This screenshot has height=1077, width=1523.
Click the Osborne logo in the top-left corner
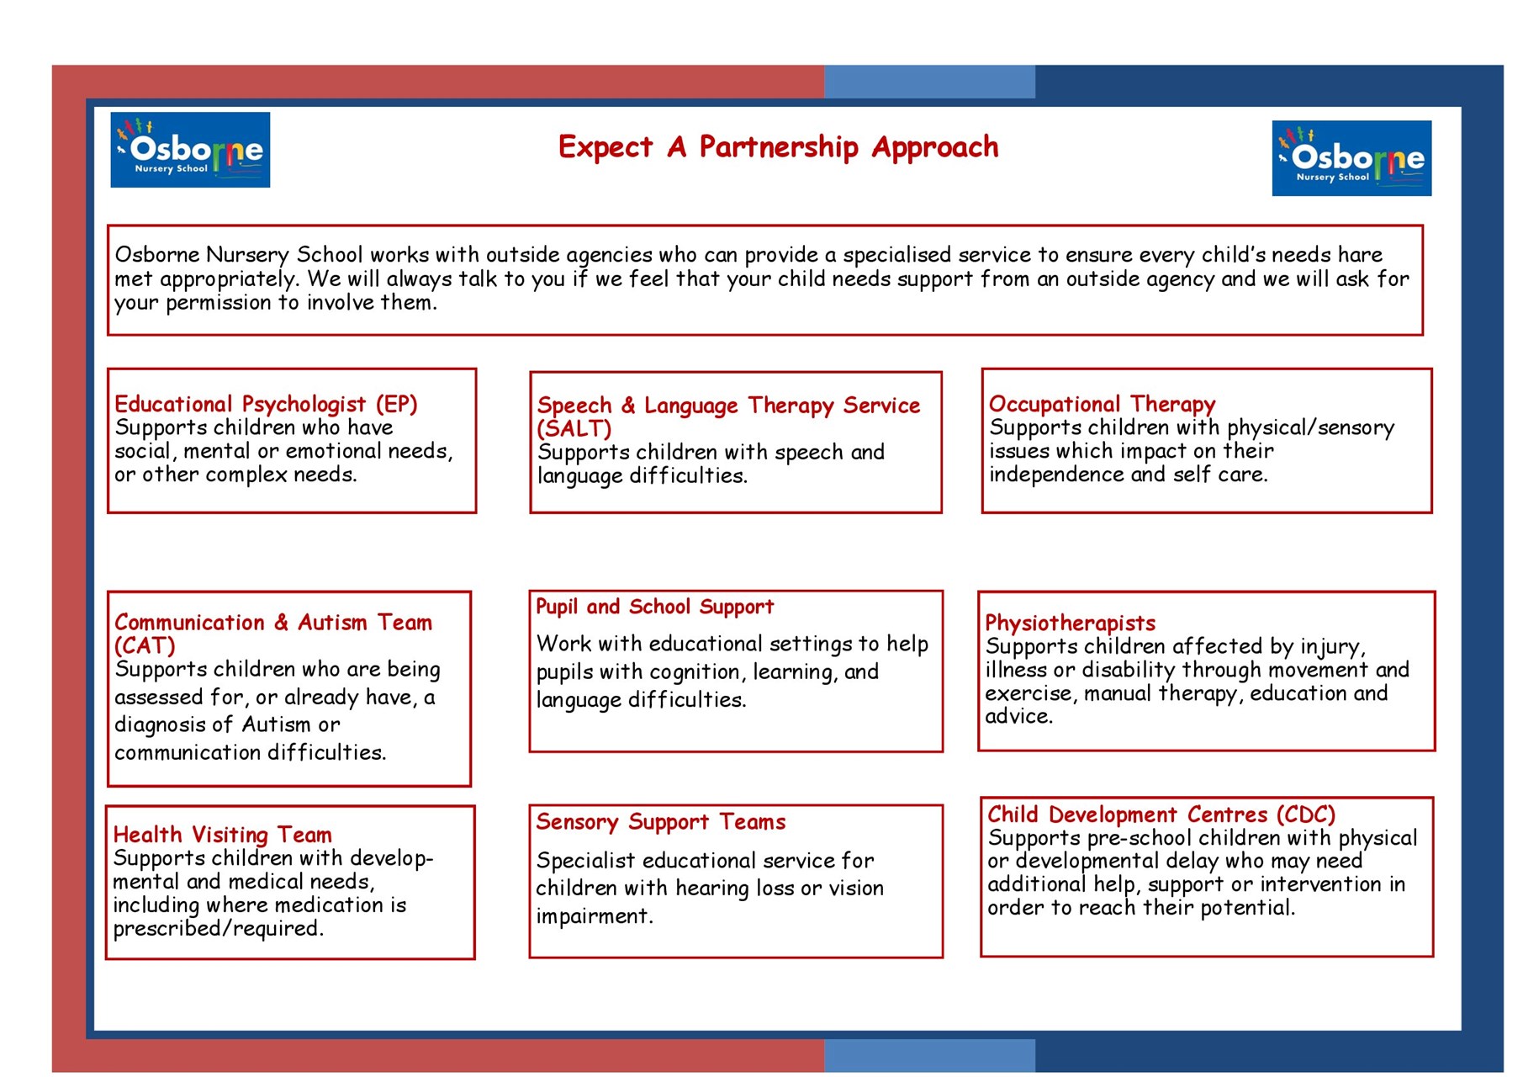(190, 150)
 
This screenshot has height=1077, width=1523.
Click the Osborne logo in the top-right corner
(1351, 158)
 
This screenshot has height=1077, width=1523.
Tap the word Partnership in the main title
(779, 147)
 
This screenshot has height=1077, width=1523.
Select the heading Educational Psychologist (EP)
(266, 404)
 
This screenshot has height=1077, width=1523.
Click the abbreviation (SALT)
(574, 428)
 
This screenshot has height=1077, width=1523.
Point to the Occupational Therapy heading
(1102, 404)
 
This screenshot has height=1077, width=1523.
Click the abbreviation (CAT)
(145, 645)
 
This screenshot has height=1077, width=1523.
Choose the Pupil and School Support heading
(654, 607)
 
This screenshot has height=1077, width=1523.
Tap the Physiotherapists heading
(1070, 623)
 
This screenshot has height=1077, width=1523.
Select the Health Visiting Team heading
(222, 835)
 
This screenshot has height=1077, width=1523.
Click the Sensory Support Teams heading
(660, 822)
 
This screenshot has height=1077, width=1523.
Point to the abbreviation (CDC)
(1305, 814)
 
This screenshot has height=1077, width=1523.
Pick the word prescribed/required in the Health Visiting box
(218, 929)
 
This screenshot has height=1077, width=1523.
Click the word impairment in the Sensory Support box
(595, 916)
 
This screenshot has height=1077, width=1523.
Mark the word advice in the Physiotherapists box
(1018, 716)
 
